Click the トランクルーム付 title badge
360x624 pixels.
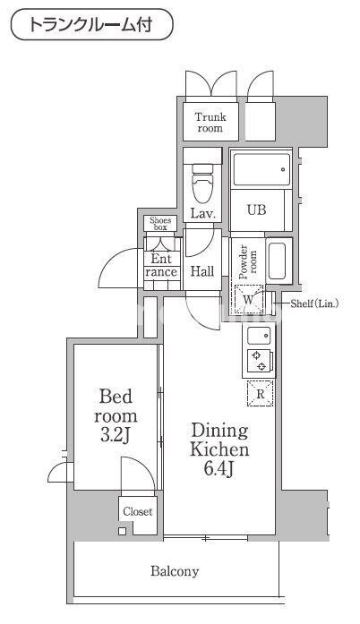(x=90, y=25)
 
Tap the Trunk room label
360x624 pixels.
(x=210, y=122)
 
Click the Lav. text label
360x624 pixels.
(x=202, y=213)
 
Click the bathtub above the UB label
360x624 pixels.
(x=260, y=169)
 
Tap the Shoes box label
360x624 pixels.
(x=160, y=224)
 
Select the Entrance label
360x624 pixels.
(x=161, y=266)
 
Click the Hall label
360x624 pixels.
(x=202, y=271)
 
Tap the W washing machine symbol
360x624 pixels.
(x=248, y=299)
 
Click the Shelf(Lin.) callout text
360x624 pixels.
(x=315, y=304)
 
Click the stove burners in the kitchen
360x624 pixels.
(x=261, y=361)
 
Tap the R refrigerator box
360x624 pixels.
(x=261, y=393)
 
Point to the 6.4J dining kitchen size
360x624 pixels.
(x=219, y=469)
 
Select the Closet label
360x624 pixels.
(x=137, y=512)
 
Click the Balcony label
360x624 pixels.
(x=175, y=570)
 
